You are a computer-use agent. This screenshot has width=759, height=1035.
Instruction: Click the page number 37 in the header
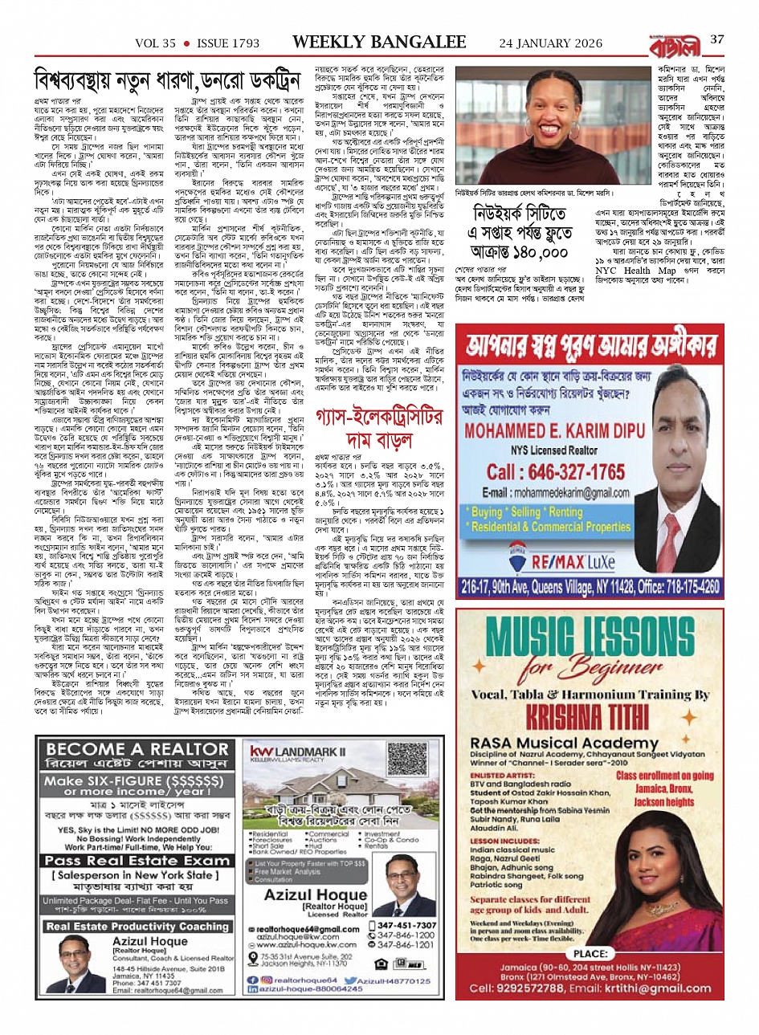click(717, 40)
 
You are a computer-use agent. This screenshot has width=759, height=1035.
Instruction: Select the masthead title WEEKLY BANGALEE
click(379, 41)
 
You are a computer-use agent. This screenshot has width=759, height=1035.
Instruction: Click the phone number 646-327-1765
click(555, 471)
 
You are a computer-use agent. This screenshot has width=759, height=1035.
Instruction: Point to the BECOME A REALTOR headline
click(137, 749)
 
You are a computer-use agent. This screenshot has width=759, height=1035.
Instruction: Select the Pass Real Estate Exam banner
click(137, 860)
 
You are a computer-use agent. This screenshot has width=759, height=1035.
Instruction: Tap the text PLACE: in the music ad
click(590, 953)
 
